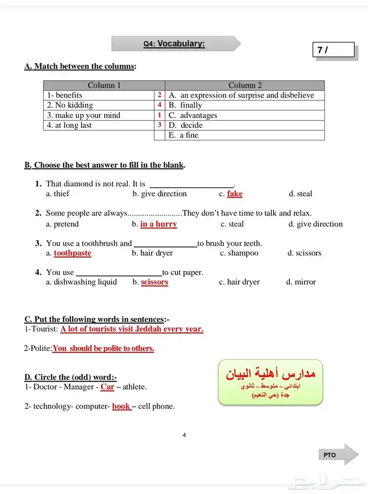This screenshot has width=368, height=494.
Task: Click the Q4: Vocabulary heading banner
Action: (x=176, y=44)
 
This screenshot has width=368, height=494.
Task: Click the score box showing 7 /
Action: (x=333, y=50)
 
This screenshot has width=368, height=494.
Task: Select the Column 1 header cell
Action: (x=104, y=85)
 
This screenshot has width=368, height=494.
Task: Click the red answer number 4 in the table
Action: (x=159, y=105)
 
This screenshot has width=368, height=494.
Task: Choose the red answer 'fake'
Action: (x=234, y=194)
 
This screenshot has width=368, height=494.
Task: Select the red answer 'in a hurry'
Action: (x=158, y=224)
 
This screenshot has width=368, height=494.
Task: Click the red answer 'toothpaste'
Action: (x=73, y=253)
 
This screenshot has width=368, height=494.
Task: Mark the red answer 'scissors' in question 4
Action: (x=155, y=282)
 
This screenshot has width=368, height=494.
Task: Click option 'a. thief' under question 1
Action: (x=58, y=194)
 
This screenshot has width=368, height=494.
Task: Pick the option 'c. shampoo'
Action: (x=239, y=253)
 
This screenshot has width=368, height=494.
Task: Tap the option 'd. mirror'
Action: (x=301, y=282)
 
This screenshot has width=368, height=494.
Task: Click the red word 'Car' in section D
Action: (x=107, y=387)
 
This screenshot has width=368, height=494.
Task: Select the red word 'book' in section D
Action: (x=121, y=406)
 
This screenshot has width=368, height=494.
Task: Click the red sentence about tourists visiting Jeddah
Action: (x=131, y=330)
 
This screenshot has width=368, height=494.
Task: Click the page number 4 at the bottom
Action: (x=184, y=435)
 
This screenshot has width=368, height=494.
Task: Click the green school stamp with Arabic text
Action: (x=270, y=382)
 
